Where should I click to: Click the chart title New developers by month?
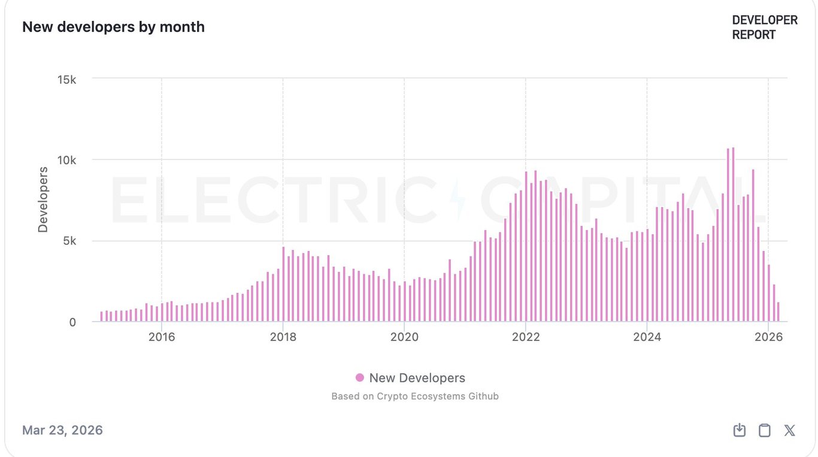coord(113,27)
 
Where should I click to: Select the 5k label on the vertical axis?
coord(68,241)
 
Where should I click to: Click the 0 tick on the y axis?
coord(72,322)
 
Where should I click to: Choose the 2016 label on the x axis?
coord(162,337)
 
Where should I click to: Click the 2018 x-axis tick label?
coord(283,337)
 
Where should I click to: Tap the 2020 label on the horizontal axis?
coord(404,337)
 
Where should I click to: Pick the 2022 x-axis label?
coord(526,337)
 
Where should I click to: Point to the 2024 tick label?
coord(647,337)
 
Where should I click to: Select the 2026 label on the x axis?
coord(769,337)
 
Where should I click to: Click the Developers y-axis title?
coord(43,199)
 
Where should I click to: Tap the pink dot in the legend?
coord(360,377)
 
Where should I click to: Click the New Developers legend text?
coord(417,378)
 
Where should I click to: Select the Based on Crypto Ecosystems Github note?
coord(415,396)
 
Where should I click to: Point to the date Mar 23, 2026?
coord(62,430)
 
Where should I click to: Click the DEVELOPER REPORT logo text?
coord(765,28)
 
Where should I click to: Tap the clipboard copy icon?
coord(765,430)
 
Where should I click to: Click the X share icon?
coord(790,430)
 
